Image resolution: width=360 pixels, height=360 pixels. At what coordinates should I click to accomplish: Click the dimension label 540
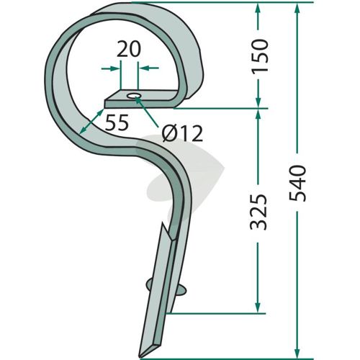297,183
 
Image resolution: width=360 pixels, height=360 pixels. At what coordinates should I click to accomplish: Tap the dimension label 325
258,212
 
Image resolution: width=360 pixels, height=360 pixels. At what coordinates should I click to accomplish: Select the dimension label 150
258,55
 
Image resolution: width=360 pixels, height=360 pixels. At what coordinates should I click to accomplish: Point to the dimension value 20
129,50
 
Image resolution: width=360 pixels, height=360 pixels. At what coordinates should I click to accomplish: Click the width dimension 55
117,122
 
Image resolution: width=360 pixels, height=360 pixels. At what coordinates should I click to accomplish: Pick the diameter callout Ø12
182,133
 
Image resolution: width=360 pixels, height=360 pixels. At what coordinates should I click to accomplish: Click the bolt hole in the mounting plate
133,96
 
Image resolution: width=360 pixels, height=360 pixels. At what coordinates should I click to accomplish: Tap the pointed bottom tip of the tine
140,357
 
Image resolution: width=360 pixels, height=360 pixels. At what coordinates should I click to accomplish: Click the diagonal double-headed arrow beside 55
91,121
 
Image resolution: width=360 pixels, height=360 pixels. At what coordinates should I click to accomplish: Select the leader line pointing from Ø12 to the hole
146,112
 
